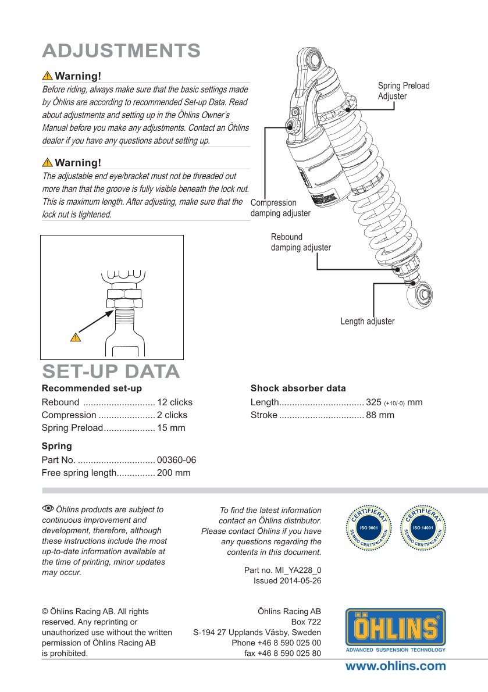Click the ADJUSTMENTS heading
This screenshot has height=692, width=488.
click(x=122, y=51)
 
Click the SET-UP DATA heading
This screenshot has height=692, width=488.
click(x=111, y=371)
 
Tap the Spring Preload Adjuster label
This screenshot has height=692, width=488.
click(x=404, y=91)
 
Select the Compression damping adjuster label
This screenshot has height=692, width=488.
click(x=280, y=208)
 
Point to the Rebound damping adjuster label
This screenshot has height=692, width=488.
click(x=301, y=242)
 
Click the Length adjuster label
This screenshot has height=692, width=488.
click(x=368, y=321)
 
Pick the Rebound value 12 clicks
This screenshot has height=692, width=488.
click(x=174, y=402)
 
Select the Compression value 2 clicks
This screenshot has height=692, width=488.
click(x=172, y=415)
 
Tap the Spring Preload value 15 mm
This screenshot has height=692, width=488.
click(x=171, y=427)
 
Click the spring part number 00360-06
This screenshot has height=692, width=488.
click(x=177, y=460)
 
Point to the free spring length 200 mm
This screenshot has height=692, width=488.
click(x=174, y=473)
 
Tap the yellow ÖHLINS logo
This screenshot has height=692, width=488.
click(x=396, y=630)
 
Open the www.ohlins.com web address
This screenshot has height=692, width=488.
click(x=396, y=666)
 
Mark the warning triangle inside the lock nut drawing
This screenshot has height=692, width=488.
click(x=76, y=337)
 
